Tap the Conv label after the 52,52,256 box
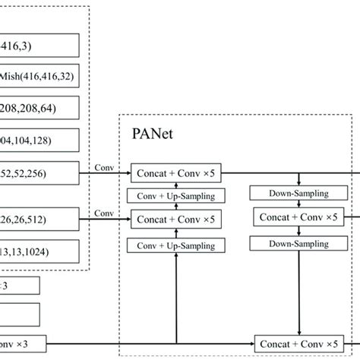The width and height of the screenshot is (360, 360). [x=102, y=166]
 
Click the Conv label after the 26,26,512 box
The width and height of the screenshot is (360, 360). [x=102, y=213]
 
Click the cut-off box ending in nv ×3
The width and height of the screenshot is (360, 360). [x=19, y=342]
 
